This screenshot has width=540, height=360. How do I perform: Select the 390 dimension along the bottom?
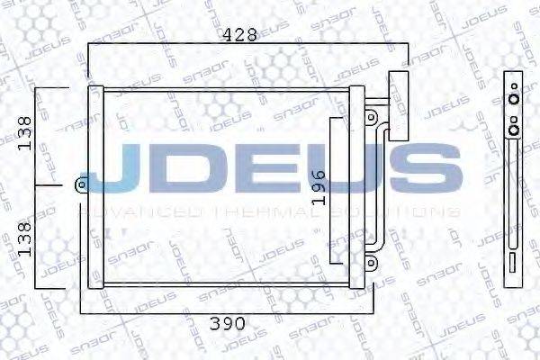point(224,323)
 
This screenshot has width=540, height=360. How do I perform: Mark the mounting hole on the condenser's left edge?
point(80,185)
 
